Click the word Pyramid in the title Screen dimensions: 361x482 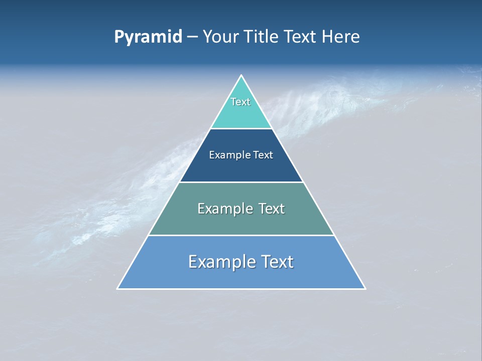[x=148, y=37]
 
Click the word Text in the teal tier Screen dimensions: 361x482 [x=240, y=102]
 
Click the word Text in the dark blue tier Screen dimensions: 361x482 [x=263, y=155]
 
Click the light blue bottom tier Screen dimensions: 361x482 [x=241, y=277]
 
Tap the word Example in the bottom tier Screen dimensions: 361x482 [x=221, y=262]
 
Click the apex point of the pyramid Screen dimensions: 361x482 [x=241, y=75]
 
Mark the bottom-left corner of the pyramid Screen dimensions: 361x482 [x=117, y=288]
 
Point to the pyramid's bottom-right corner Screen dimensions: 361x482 [x=365, y=288]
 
